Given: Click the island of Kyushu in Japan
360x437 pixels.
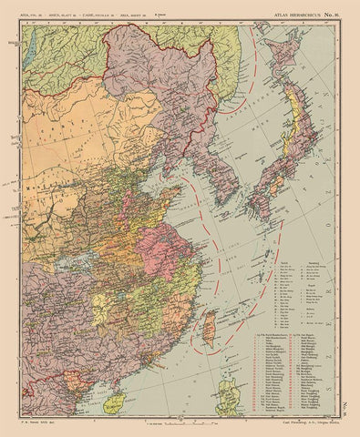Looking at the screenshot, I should pyautogui.click(x=259, y=205).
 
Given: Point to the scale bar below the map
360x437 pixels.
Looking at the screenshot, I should pyautogui.click(x=178, y=423).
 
